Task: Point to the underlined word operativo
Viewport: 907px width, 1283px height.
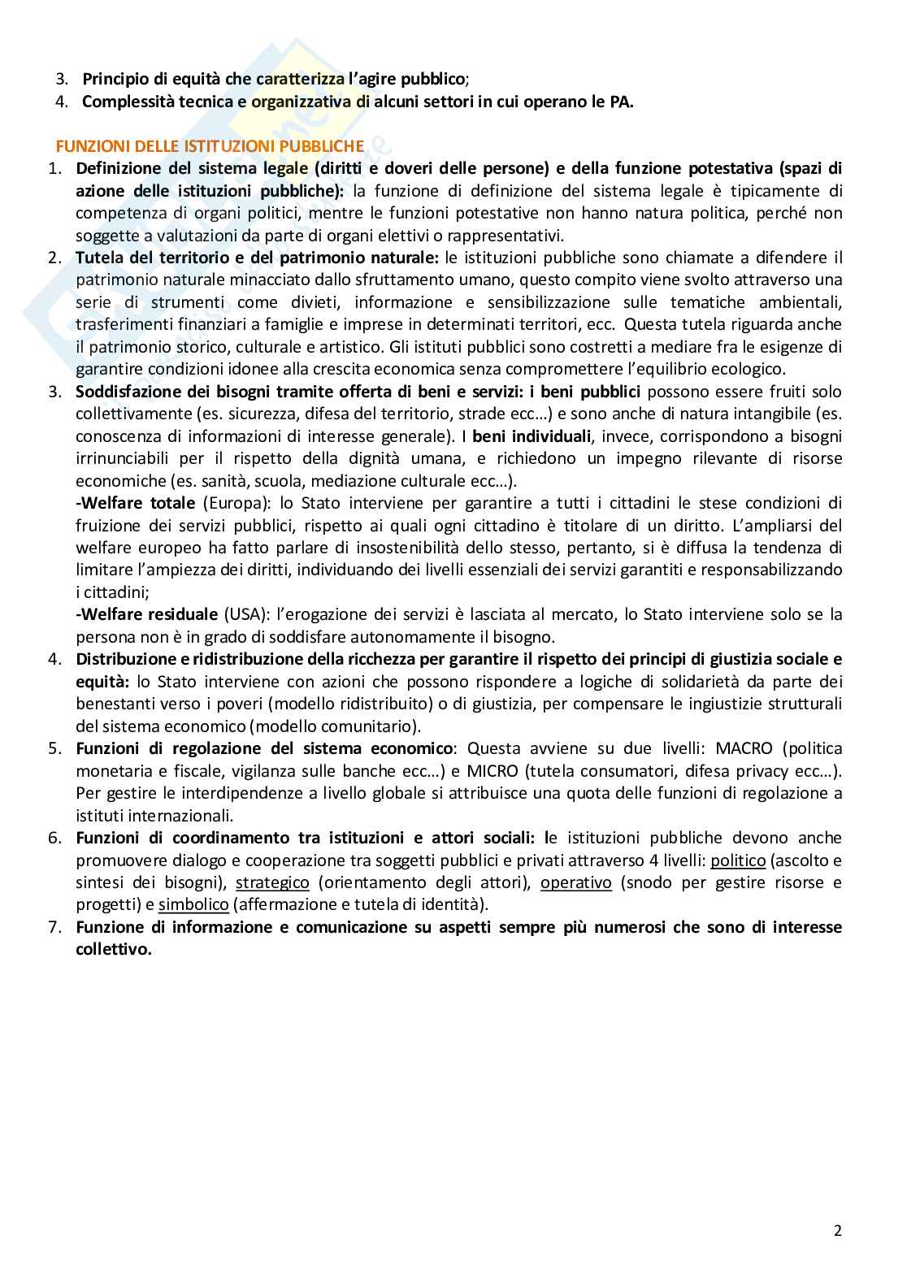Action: (x=576, y=882)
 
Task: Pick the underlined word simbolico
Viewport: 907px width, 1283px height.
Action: (x=193, y=904)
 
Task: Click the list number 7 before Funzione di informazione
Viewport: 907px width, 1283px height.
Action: (x=55, y=927)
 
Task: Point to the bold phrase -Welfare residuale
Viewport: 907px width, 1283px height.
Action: (x=146, y=613)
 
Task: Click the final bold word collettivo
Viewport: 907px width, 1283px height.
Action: (x=114, y=949)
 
